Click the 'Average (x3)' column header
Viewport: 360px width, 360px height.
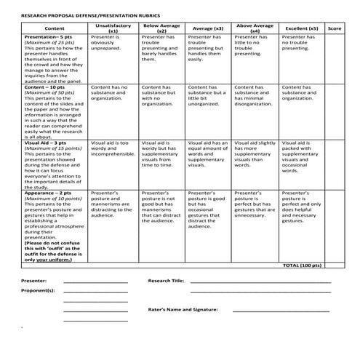point(207,28)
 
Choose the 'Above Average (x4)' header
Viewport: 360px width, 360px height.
point(255,28)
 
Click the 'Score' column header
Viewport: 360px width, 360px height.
point(335,28)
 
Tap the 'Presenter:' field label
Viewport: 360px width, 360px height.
point(33,280)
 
